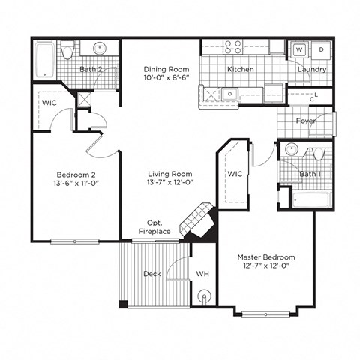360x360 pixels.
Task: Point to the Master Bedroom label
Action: (265, 256)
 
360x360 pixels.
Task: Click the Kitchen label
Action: (241, 69)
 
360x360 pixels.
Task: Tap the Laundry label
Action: (311, 69)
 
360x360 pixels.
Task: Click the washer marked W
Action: (298, 49)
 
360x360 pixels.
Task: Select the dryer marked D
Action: (320, 49)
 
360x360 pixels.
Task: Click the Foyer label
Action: (305, 120)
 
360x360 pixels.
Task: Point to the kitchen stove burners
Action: (233, 47)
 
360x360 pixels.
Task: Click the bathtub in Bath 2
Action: (46, 60)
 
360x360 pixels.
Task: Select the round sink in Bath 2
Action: (99, 49)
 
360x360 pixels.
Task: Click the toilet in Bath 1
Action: (318, 154)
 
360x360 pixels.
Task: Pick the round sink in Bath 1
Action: (292, 148)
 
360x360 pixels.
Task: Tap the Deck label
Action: (152, 274)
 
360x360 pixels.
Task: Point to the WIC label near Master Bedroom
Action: (234, 174)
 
